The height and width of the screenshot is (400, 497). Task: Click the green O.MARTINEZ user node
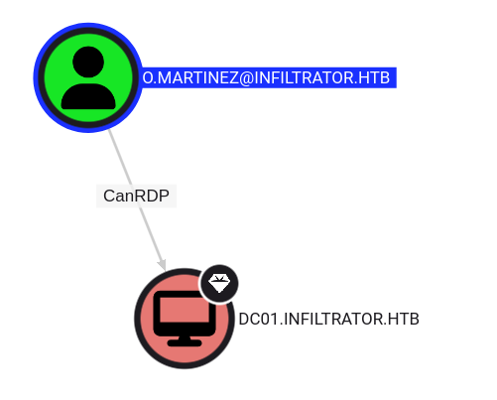point(88,77)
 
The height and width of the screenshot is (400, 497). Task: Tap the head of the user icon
point(88,62)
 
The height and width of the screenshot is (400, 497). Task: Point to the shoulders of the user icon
point(88,96)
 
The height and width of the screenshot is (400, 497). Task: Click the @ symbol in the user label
point(245,78)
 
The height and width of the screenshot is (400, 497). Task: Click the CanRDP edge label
point(136,196)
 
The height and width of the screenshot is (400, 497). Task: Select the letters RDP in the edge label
point(152,196)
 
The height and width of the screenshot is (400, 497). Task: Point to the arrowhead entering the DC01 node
point(162,265)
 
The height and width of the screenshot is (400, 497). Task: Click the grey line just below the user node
point(114,142)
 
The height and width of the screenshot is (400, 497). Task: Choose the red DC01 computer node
point(185,319)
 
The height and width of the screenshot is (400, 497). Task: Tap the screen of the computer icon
point(185,310)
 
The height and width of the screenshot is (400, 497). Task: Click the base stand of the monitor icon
point(185,342)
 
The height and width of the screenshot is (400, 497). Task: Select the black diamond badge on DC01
point(219,284)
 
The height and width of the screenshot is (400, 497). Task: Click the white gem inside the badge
point(219,283)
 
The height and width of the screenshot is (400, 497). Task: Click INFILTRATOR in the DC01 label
point(333,320)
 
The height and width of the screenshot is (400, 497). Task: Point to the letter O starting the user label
point(148,78)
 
